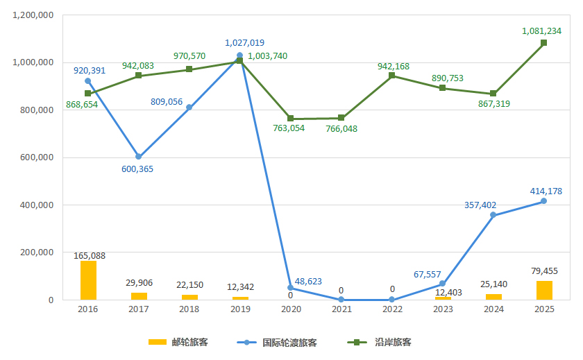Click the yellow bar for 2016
(88, 280)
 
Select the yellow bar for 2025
(544, 290)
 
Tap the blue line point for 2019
(239, 55)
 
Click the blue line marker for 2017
(138, 157)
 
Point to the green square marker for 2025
(544, 43)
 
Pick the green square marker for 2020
(290, 119)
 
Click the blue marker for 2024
(493, 215)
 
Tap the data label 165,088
(90, 256)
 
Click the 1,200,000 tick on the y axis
(33, 15)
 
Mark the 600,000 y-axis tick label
(35, 157)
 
